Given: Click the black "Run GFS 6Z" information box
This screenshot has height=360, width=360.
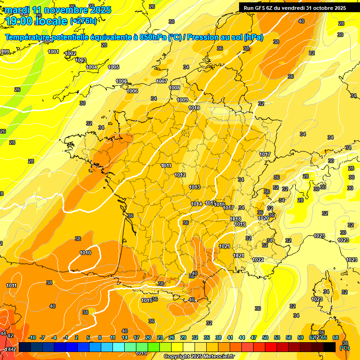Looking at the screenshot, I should pos(295,7).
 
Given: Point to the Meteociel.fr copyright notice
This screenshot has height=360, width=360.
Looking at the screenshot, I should pos(199,356).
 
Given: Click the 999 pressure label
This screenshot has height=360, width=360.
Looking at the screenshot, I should pos(5,52).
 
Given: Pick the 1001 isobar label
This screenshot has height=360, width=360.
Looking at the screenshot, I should pos(53,52).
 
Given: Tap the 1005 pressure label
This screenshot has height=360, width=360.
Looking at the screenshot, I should pos(113,67).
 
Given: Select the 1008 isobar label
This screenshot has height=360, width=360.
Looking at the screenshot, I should pos(174,88).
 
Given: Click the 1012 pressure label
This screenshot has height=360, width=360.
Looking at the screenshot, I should pos(180,175).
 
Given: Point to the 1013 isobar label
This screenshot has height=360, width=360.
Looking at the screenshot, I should pos(195,187).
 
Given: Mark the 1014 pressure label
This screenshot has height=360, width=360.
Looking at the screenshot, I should pos(197,204).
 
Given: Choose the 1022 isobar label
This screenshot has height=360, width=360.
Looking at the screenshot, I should pos(258,260).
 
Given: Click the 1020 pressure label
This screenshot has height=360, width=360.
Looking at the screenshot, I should pos(263,218).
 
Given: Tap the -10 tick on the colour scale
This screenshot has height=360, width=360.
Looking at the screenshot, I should pos(32,337).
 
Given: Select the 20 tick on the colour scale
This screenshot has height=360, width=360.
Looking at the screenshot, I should pos(148,337).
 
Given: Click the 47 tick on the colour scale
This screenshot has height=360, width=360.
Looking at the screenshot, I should pos(254,337).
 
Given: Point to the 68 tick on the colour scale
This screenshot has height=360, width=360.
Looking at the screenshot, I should pos(336,337).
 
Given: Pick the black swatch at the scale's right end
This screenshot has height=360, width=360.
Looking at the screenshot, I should pos(330,347).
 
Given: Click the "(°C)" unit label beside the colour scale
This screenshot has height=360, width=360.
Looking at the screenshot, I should pos(345,348).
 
